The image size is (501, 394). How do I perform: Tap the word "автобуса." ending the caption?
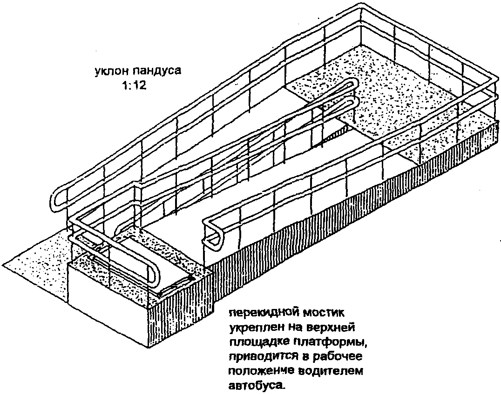[256, 386]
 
